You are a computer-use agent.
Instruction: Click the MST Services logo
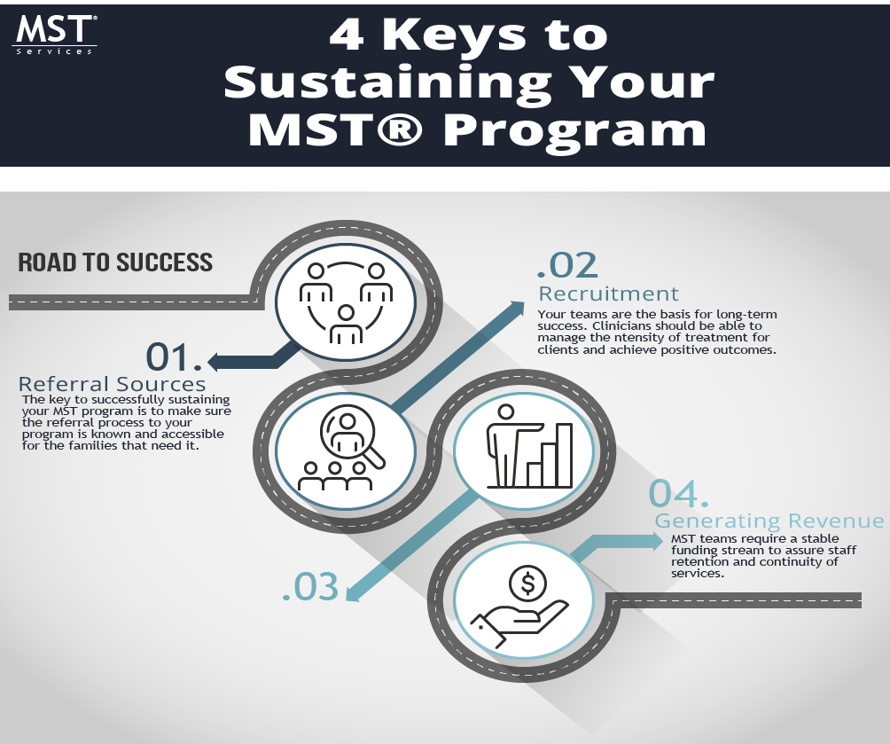[x=54, y=34]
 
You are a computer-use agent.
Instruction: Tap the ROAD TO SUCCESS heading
[x=115, y=262]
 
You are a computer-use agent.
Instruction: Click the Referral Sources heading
[x=113, y=384]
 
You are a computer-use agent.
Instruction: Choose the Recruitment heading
[x=609, y=294]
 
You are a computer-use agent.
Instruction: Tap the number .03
[x=310, y=587]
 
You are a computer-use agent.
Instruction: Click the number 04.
[x=679, y=493]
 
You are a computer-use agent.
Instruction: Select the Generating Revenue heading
[x=769, y=521]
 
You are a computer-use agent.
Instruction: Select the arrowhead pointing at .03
[x=352, y=593]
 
